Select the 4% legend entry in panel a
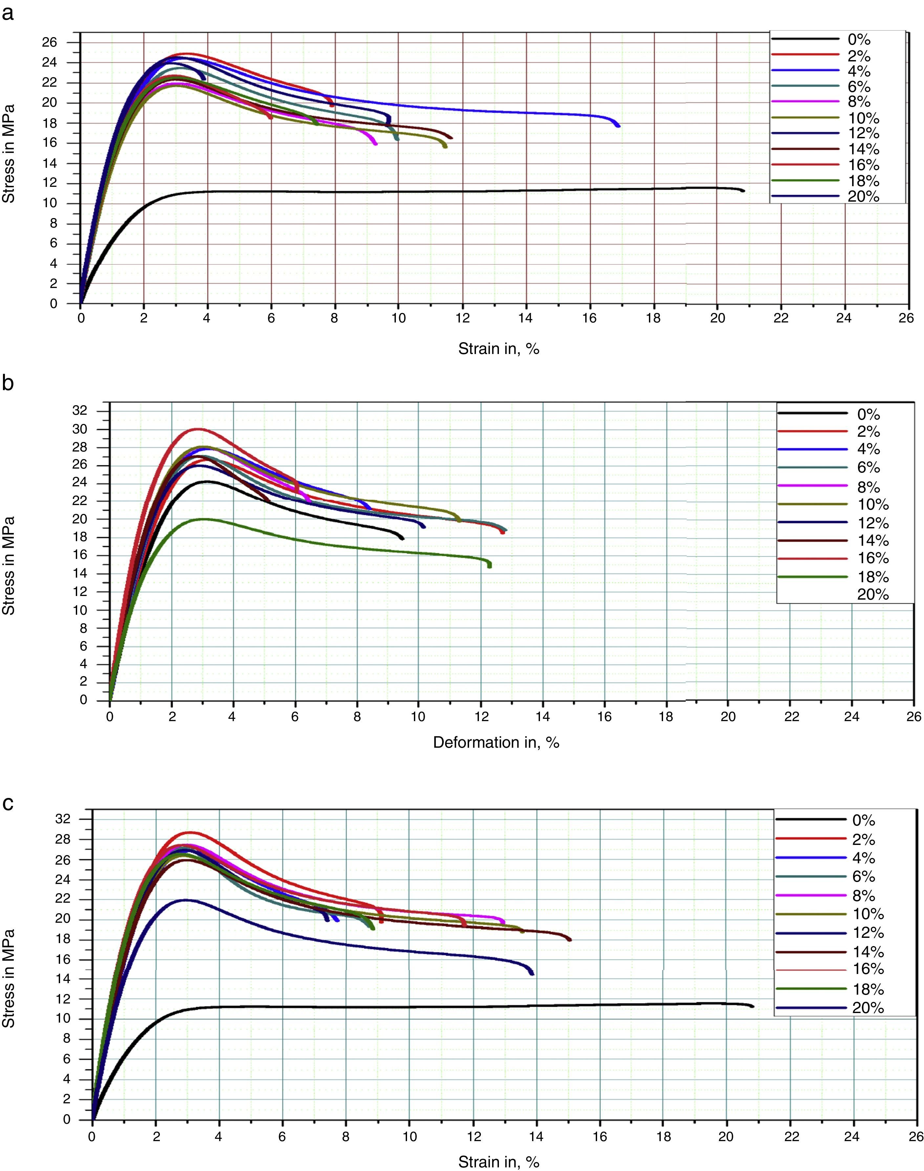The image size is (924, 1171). point(859,71)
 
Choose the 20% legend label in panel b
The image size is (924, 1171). point(872,595)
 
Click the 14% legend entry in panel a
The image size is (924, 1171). point(863,149)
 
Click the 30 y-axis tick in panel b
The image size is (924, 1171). point(79,430)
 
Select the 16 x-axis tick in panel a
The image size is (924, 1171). point(590,318)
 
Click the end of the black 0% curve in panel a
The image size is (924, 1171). point(744,190)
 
